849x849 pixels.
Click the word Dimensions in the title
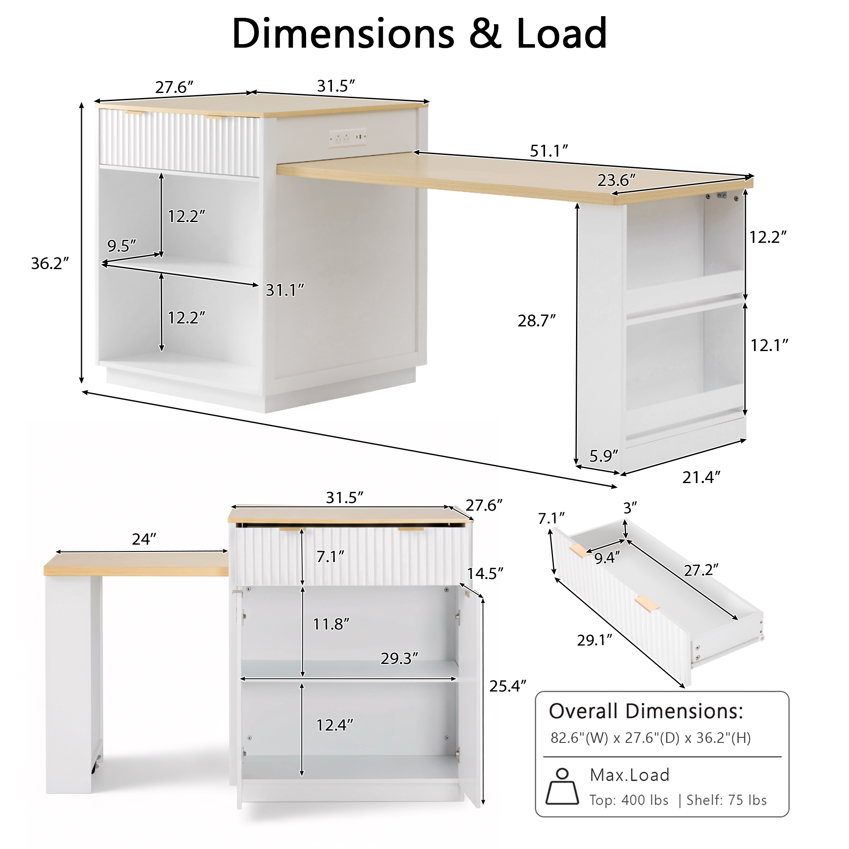tap(343, 34)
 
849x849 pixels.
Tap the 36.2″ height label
tap(50, 263)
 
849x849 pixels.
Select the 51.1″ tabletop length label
tap(549, 151)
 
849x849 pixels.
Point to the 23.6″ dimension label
tap(616, 180)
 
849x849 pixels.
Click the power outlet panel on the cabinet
tap(347, 138)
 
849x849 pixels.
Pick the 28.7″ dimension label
tap(537, 321)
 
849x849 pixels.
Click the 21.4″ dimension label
tap(701, 477)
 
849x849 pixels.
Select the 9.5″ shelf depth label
tap(122, 246)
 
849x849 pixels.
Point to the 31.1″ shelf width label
tap(285, 290)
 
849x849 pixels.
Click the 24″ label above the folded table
tap(144, 539)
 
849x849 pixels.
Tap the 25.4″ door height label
tap(508, 686)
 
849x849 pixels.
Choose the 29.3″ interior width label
tap(399, 658)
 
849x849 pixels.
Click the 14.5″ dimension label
tap(485, 573)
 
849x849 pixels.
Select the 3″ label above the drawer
tap(630, 508)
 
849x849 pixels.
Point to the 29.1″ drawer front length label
tap(595, 640)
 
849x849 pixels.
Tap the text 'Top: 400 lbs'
tap(629, 800)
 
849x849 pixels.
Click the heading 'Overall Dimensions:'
tap(646, 711)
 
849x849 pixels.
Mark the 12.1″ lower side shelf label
tap(769, 346)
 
